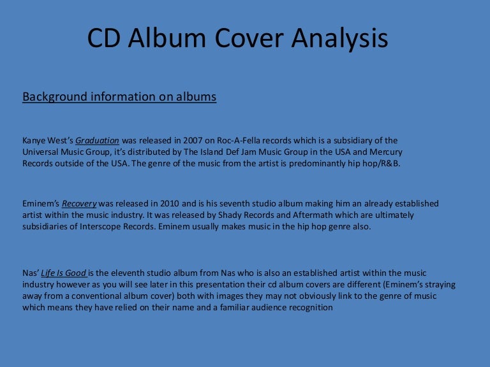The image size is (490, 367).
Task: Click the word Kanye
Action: pos(34,141)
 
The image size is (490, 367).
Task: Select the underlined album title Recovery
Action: pos(79,204)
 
